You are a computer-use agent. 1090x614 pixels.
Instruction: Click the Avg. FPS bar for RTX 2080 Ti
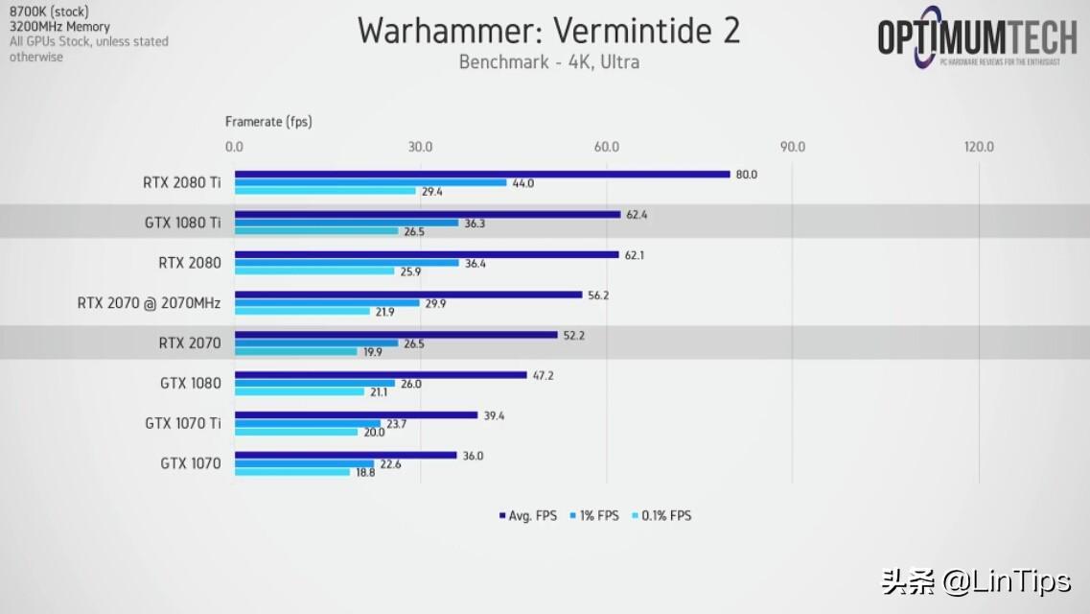pyautogui.click(x=482, y=174)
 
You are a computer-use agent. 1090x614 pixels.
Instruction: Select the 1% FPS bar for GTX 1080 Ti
pyautogui.click(x=346, y=223)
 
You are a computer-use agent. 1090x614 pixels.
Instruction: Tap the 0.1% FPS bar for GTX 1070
pyautogui.click(x=292, y=471)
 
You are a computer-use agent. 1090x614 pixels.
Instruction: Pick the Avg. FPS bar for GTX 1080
pyautogui.click(x=381, y=374)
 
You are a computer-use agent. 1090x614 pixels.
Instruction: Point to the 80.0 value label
pyautogui.click(x=746, y=175)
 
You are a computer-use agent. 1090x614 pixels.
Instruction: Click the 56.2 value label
pyautogui.click(x=598, y=295)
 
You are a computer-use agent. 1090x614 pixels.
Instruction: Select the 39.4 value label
pyautogui.click(x=493, y=415)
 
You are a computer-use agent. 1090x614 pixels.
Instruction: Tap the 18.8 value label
pyautogui.click(x=365, y=472)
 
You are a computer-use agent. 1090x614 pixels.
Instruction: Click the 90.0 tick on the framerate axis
pyautogui.click(x=792, y=147)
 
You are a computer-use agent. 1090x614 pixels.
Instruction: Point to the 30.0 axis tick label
pyautogui.click(x=420, y=147)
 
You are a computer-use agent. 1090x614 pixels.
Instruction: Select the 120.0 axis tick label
pyautogui.click(x=979, y=147)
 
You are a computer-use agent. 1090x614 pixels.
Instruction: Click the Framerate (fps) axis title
pyautogui.click(x=268, y=122)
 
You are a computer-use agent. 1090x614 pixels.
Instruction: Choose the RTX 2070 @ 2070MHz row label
pyautogui.click(x=149, y=303)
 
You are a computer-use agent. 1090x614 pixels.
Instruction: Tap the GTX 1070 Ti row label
pyautogui.click(x=182, y=423)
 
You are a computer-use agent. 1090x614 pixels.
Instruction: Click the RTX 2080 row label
pyautogui.click(x=190, y=263)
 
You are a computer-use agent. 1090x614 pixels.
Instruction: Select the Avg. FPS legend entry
pyautogui.click(x=529, y=515)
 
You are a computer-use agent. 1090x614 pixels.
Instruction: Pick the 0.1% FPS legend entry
pyautogui.click(x=662, y=515)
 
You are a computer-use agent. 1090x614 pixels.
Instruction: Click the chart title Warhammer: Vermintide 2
pyautogui.click(x=548, y=31)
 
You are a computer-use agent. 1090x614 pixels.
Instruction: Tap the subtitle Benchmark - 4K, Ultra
pyautogui.click(x=548, y=62)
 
